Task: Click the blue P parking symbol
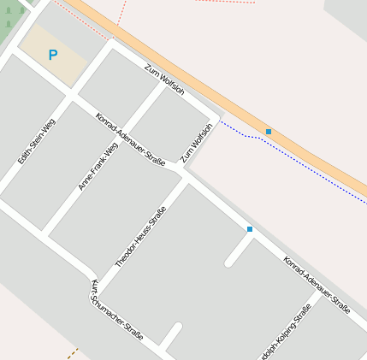pos(52,56)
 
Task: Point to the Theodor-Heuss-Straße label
pos(139,237)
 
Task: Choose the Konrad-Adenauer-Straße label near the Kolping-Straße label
pos(317,285)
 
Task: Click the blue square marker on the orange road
pos(269,132)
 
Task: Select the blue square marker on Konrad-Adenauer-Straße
pos(250,229)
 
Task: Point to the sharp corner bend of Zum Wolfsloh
pos(216,116)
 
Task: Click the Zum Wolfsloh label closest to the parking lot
pos(164,80)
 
